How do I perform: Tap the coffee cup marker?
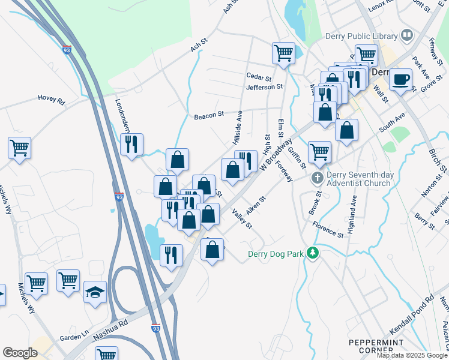pyautogui.click(x=400, y=79)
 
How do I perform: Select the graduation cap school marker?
pyautogui.click(x=95, y=292)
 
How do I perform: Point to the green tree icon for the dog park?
pyautogui.click(x=312, y=253)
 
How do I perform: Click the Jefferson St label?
pyautogui.click(x=264, y=87)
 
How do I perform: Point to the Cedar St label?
pyautogui.click(x=259, y=77)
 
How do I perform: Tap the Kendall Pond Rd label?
pyautogui.click(x=411, y=313)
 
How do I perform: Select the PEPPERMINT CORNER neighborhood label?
pyautogui.click(x=371, y=346)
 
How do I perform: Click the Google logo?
pyautogui.click(x=20, y=353)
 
